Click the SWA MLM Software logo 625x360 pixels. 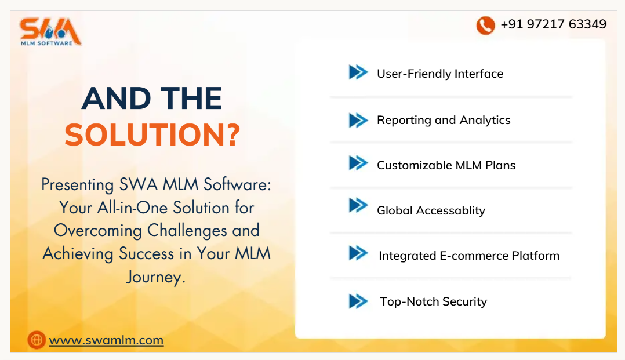click(50, 32)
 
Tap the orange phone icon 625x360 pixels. click(485, 25)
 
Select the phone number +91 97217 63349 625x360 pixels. click(553, 24)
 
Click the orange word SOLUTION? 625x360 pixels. click(152, 134)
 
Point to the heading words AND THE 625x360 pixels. click(152, 99)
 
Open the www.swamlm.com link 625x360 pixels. click(106, 340)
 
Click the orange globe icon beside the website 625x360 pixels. click(37, 340)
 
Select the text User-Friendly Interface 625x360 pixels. click(439, 74)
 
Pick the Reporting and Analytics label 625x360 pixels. click(444, 120)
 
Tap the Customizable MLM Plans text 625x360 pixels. click(446, 165)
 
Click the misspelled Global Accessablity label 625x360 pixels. click(431, 210)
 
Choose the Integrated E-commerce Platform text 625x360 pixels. click(468, 256)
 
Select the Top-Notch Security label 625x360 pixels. click(433, 301)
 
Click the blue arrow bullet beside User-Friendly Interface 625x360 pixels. click(358, 72)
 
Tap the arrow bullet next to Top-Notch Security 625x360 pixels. click(358, 301)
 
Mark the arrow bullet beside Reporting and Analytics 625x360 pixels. click(358, 120)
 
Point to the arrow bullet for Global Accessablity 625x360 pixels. click(358, 205)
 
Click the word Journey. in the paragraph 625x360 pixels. click(156, 277)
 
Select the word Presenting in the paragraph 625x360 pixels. click(78, 185)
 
